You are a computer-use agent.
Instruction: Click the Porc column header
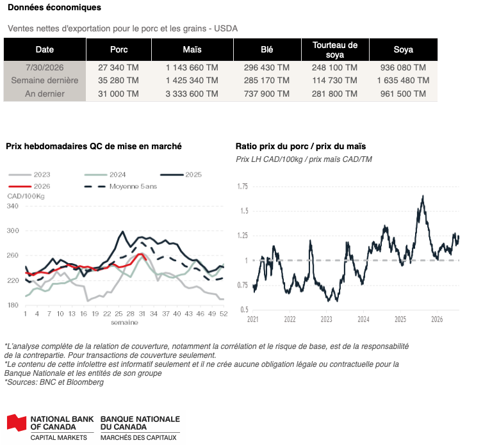coord(119,49)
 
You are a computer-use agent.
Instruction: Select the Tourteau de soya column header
coord(335,49)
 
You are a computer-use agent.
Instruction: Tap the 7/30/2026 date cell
coord(45,67)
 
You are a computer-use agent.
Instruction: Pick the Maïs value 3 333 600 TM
coord(192,93)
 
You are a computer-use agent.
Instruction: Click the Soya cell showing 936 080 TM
coord(403,67)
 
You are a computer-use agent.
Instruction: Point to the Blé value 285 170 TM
coord(266,81)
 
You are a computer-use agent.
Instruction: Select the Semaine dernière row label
coord(45,81)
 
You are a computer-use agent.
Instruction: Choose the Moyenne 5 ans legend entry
coord(120,186)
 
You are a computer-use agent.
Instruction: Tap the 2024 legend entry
coord(105,175)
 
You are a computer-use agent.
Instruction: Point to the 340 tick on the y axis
coord(13,206)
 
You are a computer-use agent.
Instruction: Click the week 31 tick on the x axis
coord(142,314)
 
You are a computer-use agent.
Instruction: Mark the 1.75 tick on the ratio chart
coord(242,186)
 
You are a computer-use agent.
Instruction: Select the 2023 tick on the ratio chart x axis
coord(327,319)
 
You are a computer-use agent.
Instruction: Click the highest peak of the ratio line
coord(423,195)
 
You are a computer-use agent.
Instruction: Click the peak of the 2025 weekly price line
coord(122,231)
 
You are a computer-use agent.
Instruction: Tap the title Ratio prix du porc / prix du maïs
coord(300,146)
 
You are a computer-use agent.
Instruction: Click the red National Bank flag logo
coord(17,422)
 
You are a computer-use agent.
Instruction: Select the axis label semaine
coord(124,323)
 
